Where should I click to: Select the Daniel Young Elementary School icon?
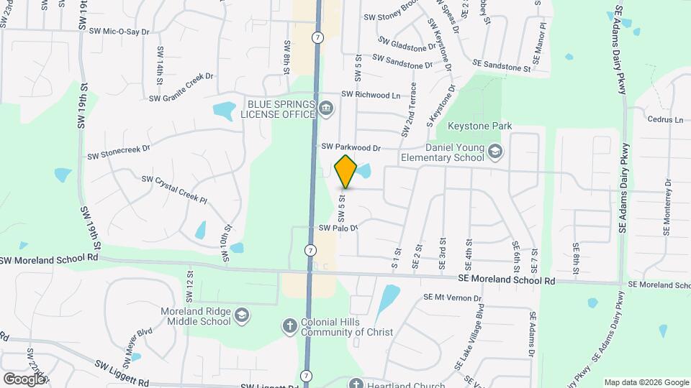pos(494,152)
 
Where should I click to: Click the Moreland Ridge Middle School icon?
pos(243,316)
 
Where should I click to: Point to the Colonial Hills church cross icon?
pos(289,326)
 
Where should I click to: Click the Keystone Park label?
pos(479,126)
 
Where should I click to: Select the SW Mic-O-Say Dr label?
pos(119,32)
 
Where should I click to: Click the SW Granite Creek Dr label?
pos(181,97)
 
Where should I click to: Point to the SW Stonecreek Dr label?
pos(119,152)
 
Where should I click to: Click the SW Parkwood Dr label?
pos(351,147)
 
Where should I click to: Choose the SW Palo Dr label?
pos(338,227)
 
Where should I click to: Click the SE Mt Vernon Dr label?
pos(451,296)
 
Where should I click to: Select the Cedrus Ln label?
pos(664,119)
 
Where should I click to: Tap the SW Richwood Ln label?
pos(371,94)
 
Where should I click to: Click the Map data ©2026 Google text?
pos(646,382)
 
